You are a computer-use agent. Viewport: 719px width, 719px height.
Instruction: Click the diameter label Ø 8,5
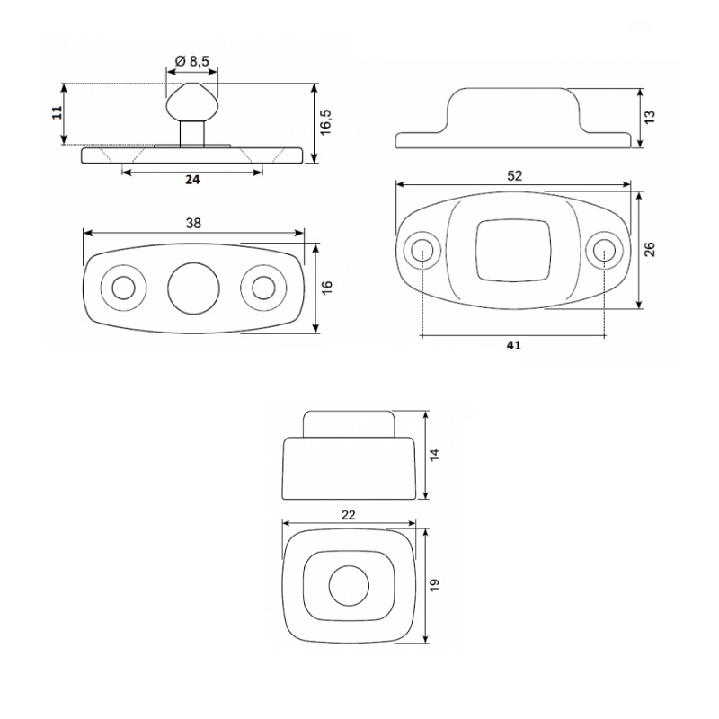pyautogui.click(x=192, y=61)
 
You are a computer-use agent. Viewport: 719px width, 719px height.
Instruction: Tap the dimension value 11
pyautogui.click(x=57, y=113)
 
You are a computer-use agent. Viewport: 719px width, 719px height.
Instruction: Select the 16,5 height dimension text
pyautogui.click(x=326, y=122)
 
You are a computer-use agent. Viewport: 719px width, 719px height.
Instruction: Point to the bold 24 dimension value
pyautogui.click(x=192, y=181)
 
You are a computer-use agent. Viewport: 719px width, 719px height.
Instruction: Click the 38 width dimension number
pyautogui.click(x=193, y=223)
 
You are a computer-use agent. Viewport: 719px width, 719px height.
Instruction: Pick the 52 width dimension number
pyautogui.click(x=514, y=175)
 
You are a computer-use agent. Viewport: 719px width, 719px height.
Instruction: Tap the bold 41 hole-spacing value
pyautogui.click(x=513, y=345)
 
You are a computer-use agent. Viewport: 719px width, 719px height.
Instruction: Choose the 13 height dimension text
pyautogui.click(x=650, y=117)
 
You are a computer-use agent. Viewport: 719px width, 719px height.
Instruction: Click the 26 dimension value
pyautogui.click(x=650, y=249)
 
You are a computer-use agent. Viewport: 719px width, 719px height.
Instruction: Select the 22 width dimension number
pyautogui.click(x=349, y=515)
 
